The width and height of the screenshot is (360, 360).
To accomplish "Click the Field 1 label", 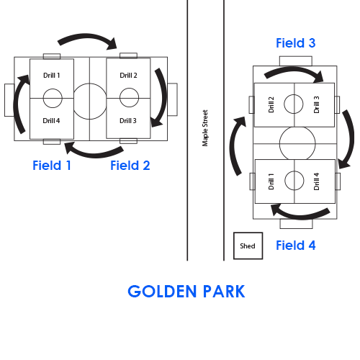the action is pyautogui.click(x=52, y=166).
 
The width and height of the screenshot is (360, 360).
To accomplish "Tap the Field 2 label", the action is pyautogui.click(x=130, y=166).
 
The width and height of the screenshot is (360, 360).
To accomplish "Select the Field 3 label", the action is pyautogui.click(x=296, y=43).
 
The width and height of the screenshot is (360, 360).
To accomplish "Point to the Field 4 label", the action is pyautogui.click(x=296, y=246).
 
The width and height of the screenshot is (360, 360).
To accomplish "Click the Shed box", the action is pyautogui.click(x=248, y=246).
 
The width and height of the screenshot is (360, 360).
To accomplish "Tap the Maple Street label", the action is pyautogui.click(x=205, y=128).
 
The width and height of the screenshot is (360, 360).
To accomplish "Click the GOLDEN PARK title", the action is pyautogui.click(x=186, y=292).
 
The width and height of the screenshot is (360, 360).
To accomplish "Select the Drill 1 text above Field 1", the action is pyautogui.click(x=52, y=76).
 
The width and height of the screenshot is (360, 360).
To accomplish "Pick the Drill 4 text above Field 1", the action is pyautogui.click(x=51, y=120).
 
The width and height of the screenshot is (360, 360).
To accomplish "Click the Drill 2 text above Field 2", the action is pyautogui.click(x=128, y=76).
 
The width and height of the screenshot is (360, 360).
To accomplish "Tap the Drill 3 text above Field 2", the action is pyautogui.click(x=128, y=120).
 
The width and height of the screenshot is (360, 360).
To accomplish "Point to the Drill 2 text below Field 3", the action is pyautogui.click(x=271, y=104).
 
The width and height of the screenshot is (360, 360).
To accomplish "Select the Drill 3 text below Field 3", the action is pyautogui.click(x=317, y=104).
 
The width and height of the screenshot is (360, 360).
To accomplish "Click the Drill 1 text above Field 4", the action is pyautogui.click(x=271, y=181).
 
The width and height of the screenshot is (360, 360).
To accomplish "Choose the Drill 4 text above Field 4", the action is pyautogui.click(x=317, y=181).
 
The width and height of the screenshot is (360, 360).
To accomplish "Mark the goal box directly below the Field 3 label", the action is pyautogui.click(x=296, y=61).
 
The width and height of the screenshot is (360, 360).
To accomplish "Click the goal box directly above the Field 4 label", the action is pyautogui.click(x=296, y=224).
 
